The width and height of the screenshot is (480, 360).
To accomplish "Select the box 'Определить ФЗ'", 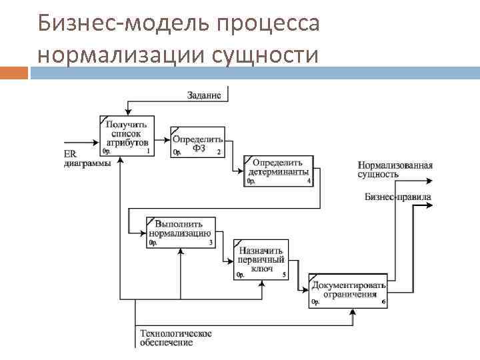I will coord(197,143).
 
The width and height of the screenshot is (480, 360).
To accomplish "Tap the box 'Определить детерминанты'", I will coord(277,171).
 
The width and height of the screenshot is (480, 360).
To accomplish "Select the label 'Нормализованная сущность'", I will coord(395,169).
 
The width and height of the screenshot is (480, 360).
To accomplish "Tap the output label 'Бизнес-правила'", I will coord(397,197).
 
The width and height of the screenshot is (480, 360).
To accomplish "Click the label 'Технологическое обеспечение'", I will coord(175,338).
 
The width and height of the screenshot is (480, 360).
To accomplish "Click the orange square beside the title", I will coord(14,72).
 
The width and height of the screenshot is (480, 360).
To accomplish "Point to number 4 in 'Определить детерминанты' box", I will coord(309,181).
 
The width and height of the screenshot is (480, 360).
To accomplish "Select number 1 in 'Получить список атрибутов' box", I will coord(147,151).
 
